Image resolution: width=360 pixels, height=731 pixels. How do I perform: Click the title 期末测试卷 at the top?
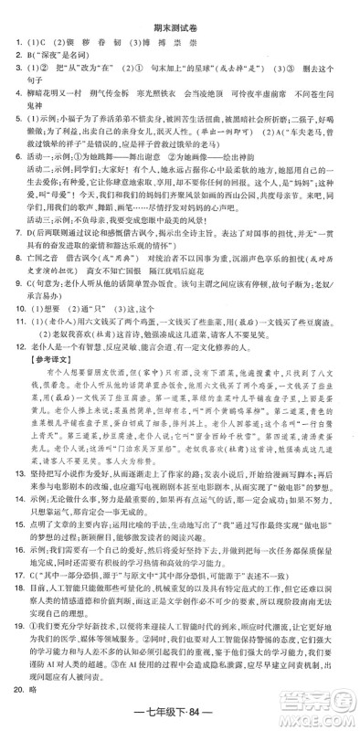(180, 17)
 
